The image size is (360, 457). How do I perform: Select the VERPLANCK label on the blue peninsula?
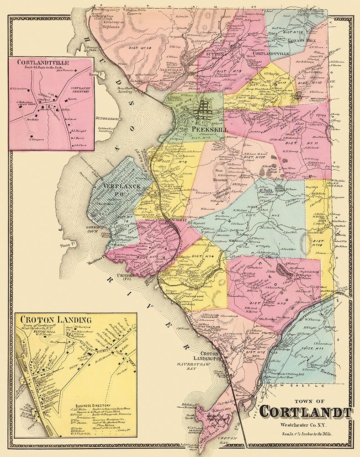point(120,187)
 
